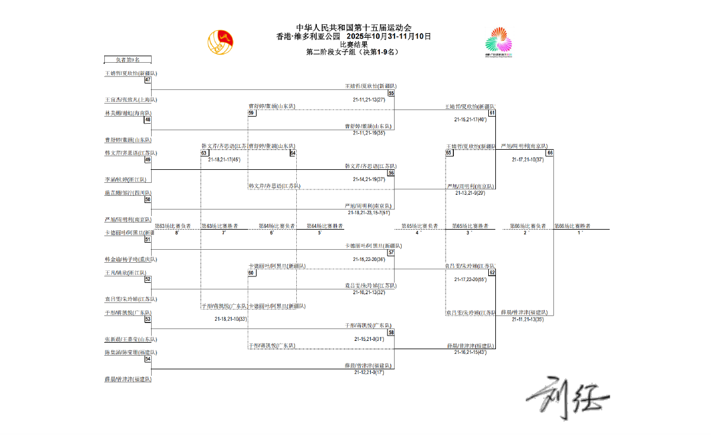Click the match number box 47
148,80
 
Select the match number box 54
148,359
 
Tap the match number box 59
252,112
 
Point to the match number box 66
550,153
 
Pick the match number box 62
492,272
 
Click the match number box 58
391,333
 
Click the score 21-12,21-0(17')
369,372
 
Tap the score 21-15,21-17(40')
470,120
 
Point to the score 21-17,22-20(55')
470,279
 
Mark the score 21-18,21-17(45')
224,159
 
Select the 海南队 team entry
128,113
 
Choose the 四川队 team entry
128,193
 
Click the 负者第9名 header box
128,60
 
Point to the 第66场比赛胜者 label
572,226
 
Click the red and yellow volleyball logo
220,41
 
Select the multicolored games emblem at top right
499,41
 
